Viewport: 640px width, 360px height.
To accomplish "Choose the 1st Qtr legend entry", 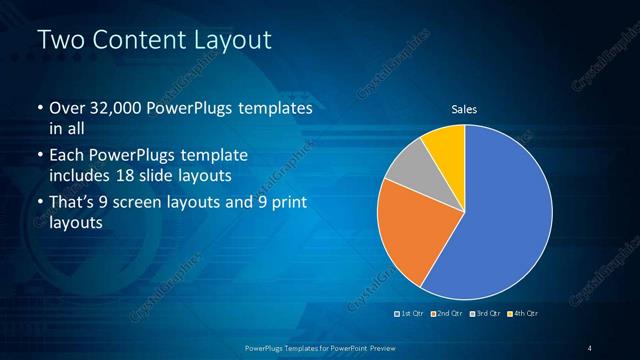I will [x=411, y=314].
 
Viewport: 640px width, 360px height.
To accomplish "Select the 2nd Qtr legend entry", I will [x=447, y=314].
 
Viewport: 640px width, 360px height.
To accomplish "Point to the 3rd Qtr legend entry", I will [x=484, y=314].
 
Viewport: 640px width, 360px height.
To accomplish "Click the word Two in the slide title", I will [x=59, y=41].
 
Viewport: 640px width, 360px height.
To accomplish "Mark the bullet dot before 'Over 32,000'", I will [x=40, y=108].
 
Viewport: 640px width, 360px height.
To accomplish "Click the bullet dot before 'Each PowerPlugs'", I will [x=40, y=157].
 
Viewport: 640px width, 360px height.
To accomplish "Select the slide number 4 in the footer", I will [x=590, y=347].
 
